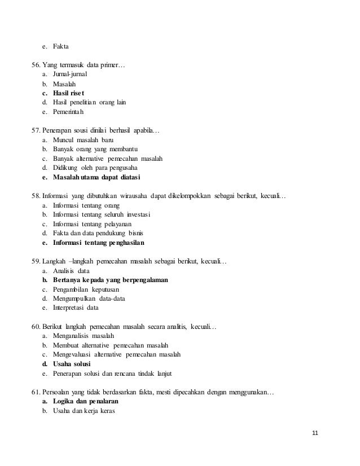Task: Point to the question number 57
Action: pos(37,130)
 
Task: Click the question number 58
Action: pos(37,196)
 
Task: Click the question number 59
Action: pos(37,262)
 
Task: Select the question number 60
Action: pos(37,327)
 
